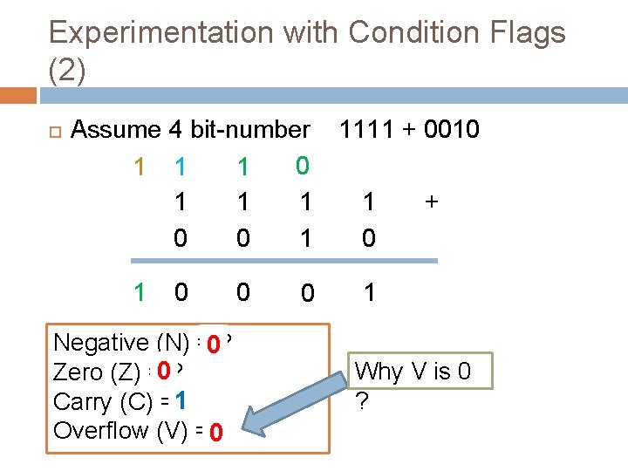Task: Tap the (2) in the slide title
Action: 67,72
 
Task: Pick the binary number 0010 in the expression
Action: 451,130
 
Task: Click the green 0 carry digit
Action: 303,165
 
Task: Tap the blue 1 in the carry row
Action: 180,166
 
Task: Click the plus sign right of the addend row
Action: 429,202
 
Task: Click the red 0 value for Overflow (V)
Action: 216,433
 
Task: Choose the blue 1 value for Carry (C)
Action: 180,401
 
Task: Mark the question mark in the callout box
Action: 360,400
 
